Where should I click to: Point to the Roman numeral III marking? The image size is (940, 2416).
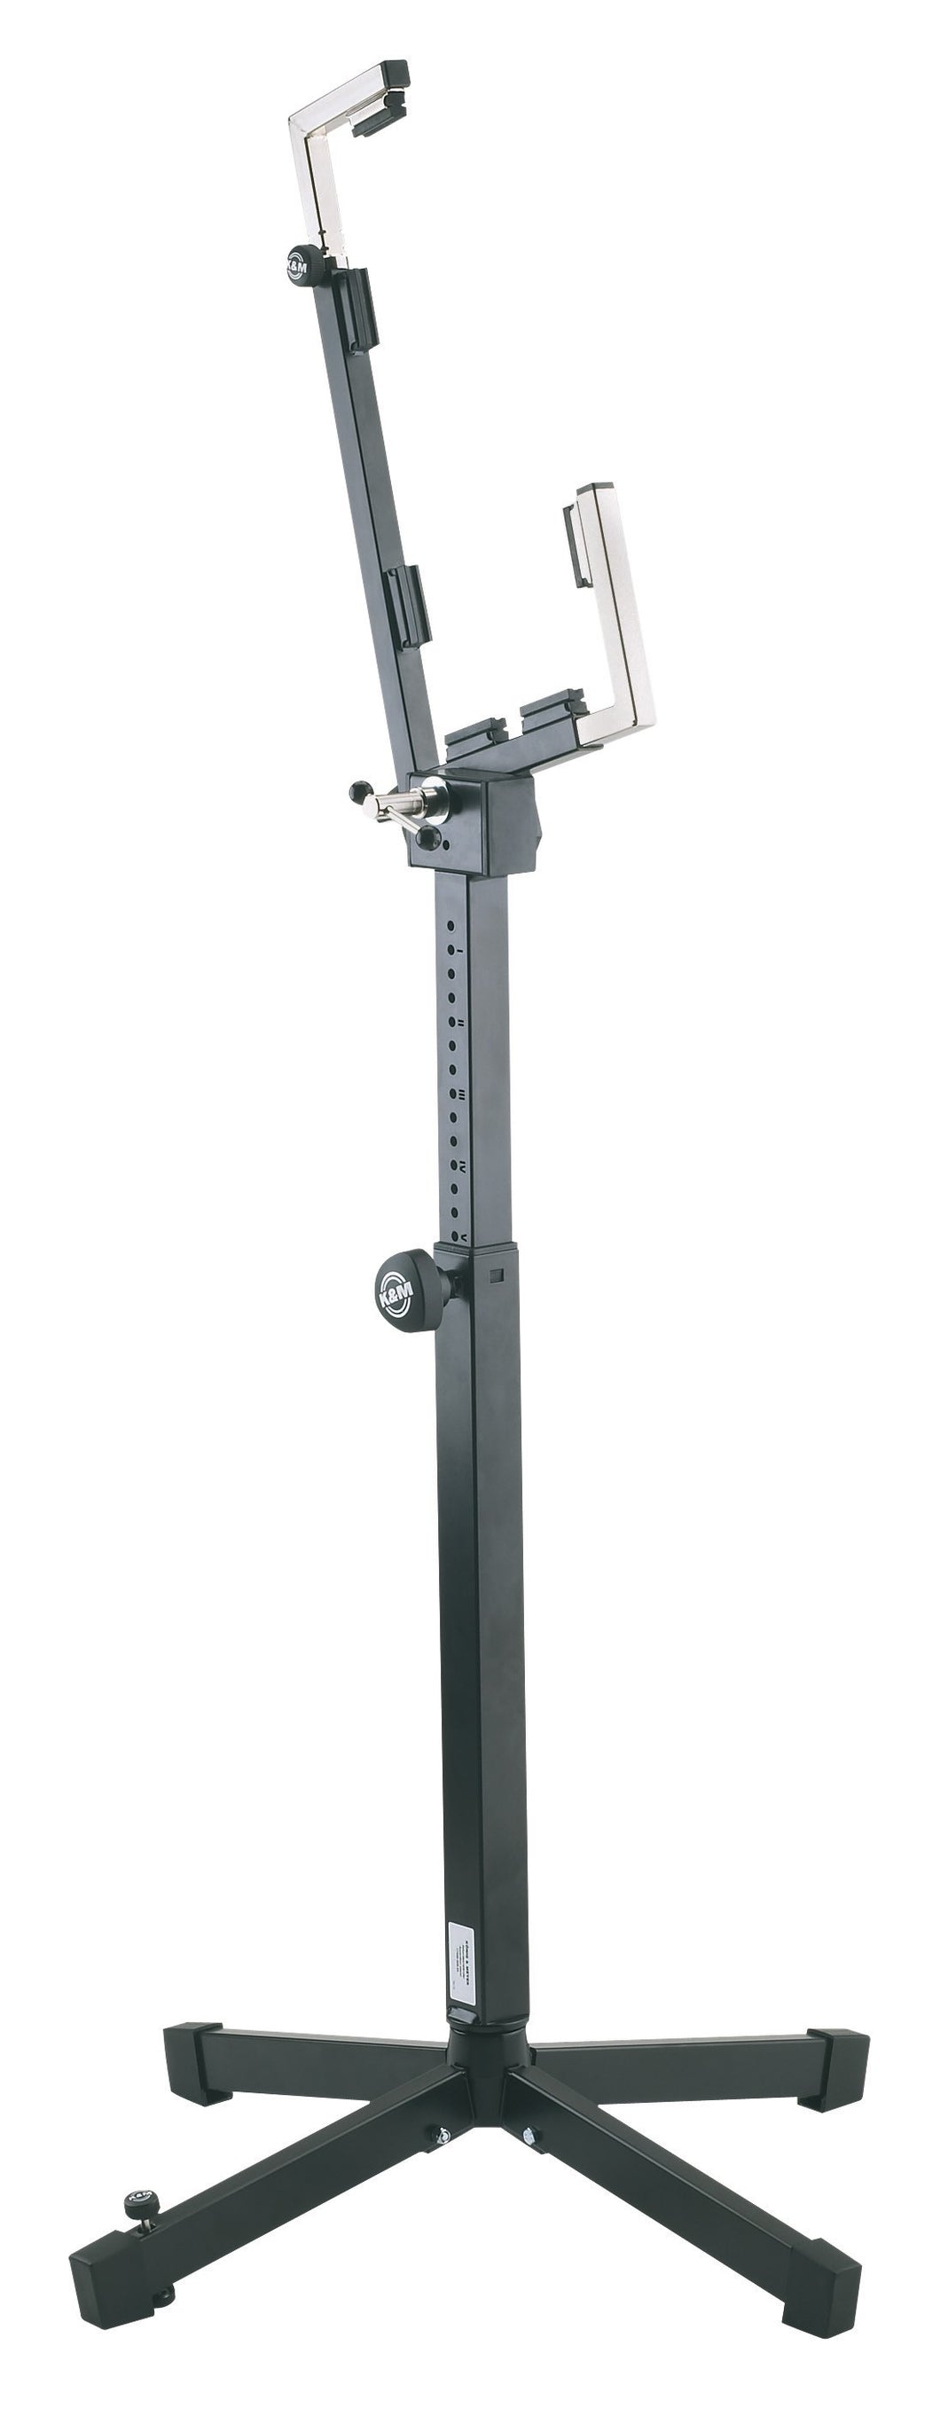click(x=461, y=1094)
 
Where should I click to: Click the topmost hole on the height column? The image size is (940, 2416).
click(x=451, y=925)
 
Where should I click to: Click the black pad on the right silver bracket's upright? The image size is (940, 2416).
click(x=574, y=543)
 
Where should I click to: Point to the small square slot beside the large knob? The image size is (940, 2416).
click(x=497, y=1275)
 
